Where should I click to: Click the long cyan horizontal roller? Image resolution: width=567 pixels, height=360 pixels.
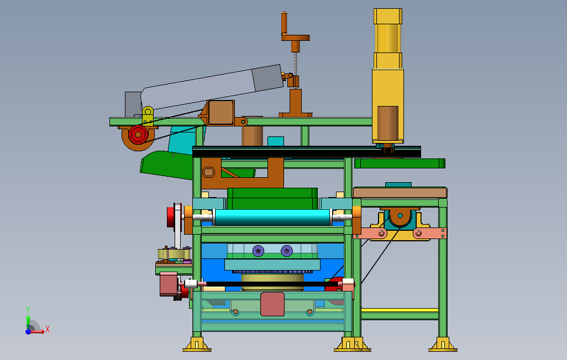(x=272, y=217)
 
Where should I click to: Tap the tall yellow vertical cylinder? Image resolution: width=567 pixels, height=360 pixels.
(x=388, y=76)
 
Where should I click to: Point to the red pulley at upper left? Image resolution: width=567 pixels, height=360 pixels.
(x=138, y=135)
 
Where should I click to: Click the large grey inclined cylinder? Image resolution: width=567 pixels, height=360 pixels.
(x=212, y=87)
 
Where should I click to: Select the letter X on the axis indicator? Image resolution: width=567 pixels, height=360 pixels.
(x=48, y=329)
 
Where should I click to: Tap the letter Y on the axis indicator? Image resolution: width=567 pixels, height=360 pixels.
(x=28, y=309)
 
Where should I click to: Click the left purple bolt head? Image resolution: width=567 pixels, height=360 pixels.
(x=258, y=251)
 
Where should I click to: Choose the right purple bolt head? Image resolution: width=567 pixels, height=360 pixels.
(x=287, y=251)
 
